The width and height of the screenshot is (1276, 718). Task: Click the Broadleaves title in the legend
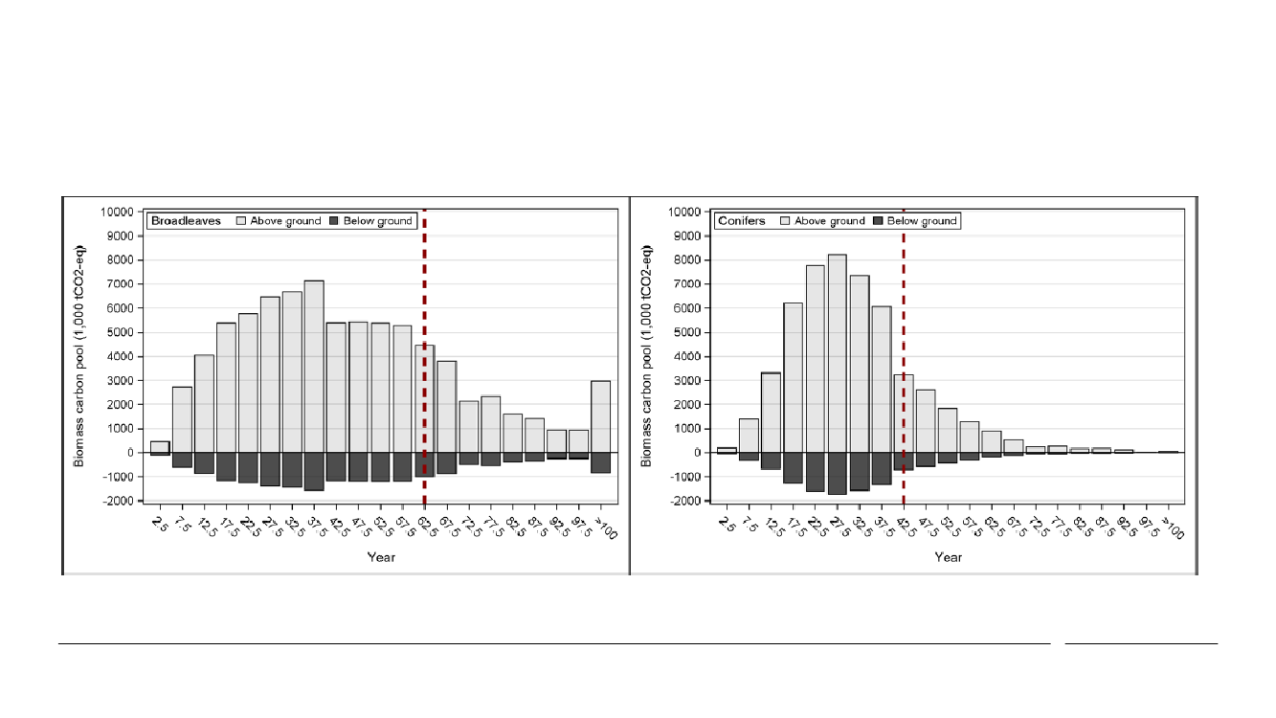pos(186,221)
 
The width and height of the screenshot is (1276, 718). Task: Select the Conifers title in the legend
pos(743,221)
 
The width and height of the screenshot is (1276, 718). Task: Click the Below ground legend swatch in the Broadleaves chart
pos(334,221)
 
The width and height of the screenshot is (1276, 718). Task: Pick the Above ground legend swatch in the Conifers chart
pos(787,221)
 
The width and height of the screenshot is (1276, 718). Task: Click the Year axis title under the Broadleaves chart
pos(381,557)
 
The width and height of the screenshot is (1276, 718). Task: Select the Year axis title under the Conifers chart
pos(948,557)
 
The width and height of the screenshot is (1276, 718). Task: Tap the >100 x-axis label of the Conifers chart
pos(1174,526)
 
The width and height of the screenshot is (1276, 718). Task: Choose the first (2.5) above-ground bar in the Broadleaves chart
pos(160,447)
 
